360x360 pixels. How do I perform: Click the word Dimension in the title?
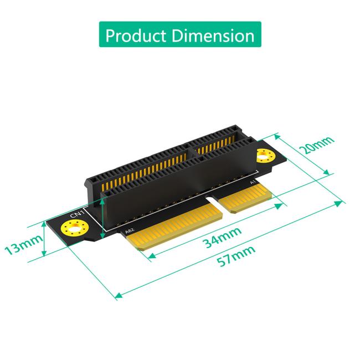coord(213,35)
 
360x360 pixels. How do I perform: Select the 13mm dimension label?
coord(23,242)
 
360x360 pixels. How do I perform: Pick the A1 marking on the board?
coord(253,182)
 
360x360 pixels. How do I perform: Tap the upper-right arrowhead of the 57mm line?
coord(340,203)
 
